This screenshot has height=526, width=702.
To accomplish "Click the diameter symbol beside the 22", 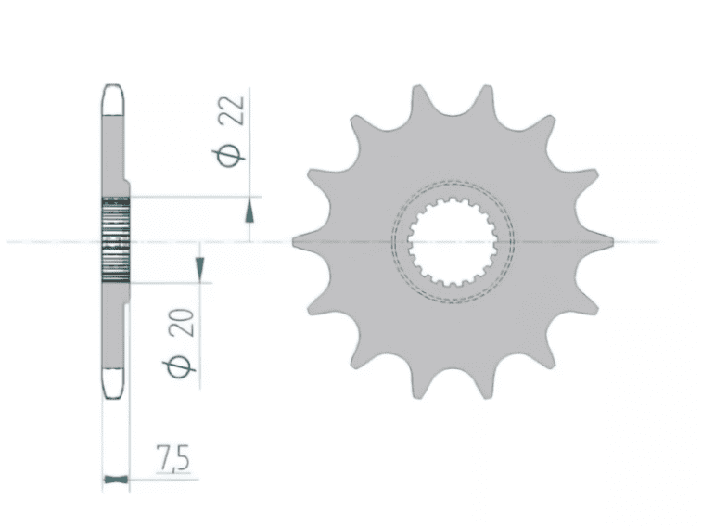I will [x=233, y=154].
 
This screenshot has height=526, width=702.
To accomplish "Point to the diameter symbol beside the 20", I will [x=183, y=366].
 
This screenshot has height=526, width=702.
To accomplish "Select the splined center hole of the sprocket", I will [x=451, y=243].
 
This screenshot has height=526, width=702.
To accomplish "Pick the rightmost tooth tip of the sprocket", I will [x=608, y=242].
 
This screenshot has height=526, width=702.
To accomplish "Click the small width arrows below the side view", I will [x=113, y=481].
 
